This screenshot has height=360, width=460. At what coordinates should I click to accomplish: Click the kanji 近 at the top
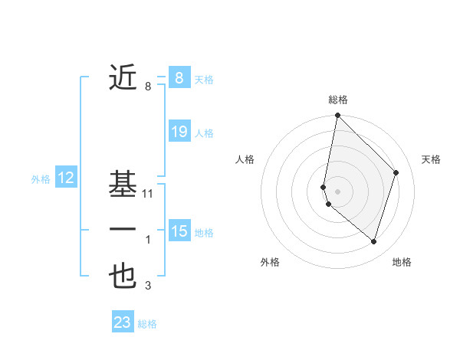point(123,78)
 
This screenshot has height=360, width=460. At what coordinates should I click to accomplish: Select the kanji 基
point(123,185)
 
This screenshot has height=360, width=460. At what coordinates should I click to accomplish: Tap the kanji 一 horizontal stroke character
point(123,230)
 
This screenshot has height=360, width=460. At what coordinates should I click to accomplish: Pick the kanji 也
point(123,276)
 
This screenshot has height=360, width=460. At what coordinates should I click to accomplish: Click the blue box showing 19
point(179,132)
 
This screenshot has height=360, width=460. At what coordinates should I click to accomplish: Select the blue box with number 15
point(179,231)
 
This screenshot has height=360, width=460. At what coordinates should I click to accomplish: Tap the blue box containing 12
point(66,178)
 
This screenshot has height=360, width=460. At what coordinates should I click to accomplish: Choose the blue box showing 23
point(123,322)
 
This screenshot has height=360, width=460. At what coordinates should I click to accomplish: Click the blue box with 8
point(179,77)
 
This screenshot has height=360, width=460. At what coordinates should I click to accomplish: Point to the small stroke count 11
point(149,194)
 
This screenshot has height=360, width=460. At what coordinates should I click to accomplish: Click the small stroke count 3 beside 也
point(148,286)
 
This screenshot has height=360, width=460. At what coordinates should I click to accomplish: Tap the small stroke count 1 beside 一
point(148,241)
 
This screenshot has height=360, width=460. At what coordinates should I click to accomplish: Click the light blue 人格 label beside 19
point(204,133)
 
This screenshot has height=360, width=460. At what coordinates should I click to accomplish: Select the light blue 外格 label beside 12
point(41,179)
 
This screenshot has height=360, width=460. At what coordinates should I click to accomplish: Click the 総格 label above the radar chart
point(338,100)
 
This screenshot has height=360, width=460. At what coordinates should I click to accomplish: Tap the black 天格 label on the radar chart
point(431,159)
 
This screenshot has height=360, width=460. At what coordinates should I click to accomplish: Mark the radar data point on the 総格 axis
point(337,116)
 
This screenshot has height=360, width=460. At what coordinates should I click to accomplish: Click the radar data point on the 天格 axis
point(396,172)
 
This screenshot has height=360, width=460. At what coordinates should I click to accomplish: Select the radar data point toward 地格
point(373,241)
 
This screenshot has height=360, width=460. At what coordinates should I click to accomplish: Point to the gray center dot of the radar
point(337,191)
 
